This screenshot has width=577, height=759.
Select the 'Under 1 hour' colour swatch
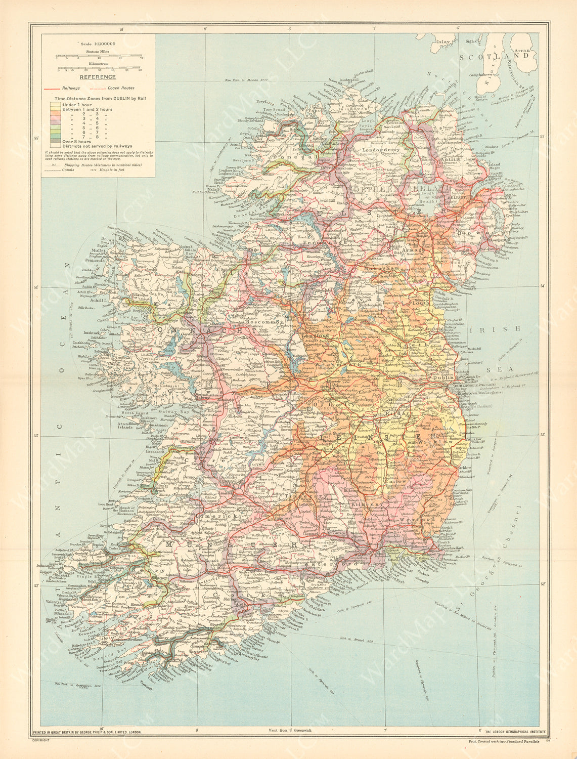click(x=56, y=105)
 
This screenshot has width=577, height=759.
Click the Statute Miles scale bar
click(x=98, y=55)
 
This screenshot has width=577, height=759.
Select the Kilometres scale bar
click(x=98, y=68)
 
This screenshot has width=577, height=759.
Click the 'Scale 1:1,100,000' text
click(x=98, y=45)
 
